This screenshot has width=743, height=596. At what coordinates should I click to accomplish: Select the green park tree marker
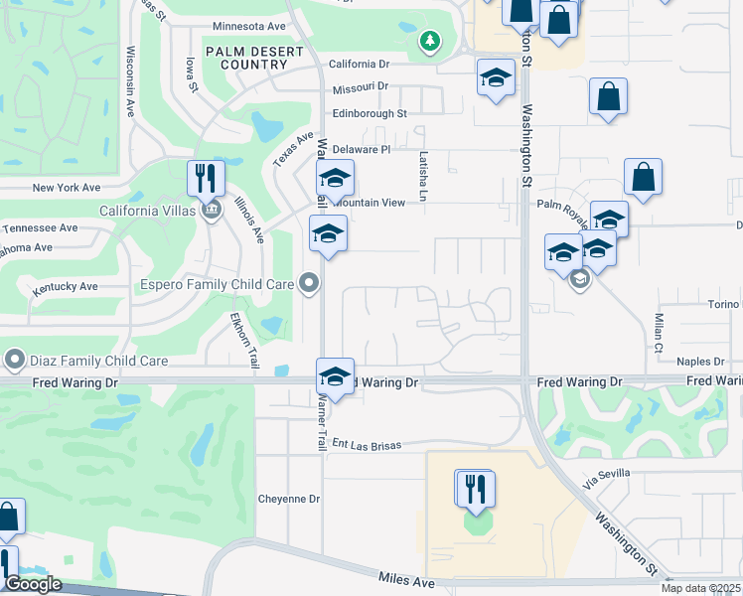pyautogui.click(x=429, y=42)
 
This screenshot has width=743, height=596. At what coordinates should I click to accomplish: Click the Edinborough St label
pyautogui.click(x=370, y=114)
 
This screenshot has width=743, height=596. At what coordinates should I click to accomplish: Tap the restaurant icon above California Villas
pyautogui.click(x=206, y=179)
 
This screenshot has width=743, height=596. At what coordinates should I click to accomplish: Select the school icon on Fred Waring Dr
pyautogui.click(x=336, y=377)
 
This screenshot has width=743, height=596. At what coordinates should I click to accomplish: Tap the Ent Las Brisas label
pyautogui.click(x=367, y=445)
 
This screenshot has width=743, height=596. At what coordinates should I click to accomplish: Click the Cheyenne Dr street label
pyautogui.click(x=288, y=499)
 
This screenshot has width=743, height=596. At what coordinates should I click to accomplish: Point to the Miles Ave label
pyautogui.click(x=407, y=578)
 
